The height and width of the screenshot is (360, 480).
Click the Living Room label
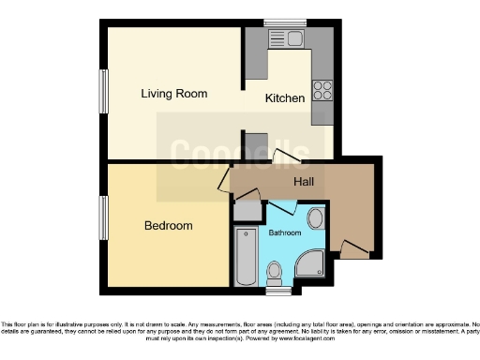(173, 94)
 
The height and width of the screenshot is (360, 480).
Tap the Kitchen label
(284, 97)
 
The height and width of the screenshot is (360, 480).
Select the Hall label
(304, 182)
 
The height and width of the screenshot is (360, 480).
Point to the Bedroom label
(168, 226)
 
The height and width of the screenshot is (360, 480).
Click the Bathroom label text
(285, 232)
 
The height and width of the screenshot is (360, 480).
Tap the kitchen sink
(282, 38)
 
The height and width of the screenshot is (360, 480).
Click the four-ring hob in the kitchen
(322, 90)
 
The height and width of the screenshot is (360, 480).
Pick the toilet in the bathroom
(275, 273)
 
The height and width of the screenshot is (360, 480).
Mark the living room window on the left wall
(103, 93)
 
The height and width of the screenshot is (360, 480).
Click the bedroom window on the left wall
(103, 221)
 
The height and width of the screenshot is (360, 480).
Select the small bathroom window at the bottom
(278, 292)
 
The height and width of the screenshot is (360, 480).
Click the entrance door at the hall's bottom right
(352, 249)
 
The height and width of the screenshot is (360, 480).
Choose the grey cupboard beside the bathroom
(247, 211)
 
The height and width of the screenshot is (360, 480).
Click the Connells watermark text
(239, 153)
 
